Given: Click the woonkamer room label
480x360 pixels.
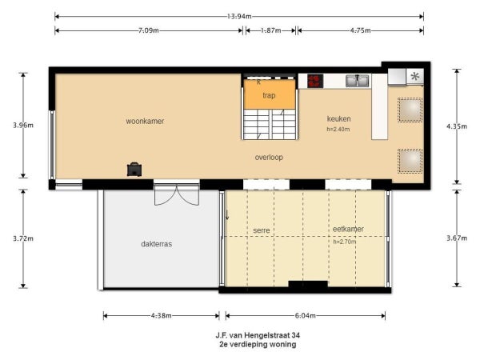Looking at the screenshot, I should click(145, 122).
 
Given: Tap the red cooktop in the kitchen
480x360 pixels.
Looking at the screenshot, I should click(314, 81).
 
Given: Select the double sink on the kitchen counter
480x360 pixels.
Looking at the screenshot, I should click(358, 80).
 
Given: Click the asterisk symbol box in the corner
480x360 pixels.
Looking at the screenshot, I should click(414, 77).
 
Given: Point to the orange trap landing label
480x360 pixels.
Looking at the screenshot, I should click(269, 95).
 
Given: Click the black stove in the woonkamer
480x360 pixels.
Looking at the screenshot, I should click(134, 169).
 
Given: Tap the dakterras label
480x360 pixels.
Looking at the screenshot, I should click(157, 244).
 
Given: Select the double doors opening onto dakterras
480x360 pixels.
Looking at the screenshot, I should click(176, 194).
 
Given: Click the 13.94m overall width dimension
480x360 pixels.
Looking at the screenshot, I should click(239, 15).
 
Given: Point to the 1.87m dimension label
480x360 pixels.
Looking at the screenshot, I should click(270, 30).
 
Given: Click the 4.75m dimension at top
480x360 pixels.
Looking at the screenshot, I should click(362, 30).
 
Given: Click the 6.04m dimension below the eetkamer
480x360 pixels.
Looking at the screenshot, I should click(305, 315).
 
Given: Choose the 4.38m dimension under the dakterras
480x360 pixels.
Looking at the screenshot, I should click(161, 315).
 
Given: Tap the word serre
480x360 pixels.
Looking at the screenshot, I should click(262, 230).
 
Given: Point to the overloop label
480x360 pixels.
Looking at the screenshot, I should click(269, 157).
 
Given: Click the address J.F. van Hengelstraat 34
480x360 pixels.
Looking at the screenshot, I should click(256, 334).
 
